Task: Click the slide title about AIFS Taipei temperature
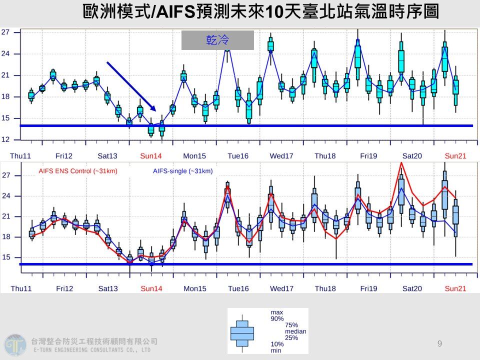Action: [x=260, y=11]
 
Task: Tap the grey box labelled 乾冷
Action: [x=217, y=40]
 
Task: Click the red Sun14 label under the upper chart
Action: [x=151, y=156]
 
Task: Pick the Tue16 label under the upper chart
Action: [x=238, y=156]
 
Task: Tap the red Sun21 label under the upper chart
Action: [x=455, y=156]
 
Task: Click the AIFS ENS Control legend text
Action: [x=78, y=171]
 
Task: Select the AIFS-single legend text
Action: [x=183, y=171]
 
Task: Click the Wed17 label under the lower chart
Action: [x=281, y=288]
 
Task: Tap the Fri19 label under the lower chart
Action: [x=368, y=288]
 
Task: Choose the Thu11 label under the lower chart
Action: [x=20, y=288]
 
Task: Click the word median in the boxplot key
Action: [x=295, y=331]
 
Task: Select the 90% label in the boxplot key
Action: [x=276, y=318]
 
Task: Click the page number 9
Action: [x=439, y=343]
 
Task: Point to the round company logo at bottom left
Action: [x=15, y=345]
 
